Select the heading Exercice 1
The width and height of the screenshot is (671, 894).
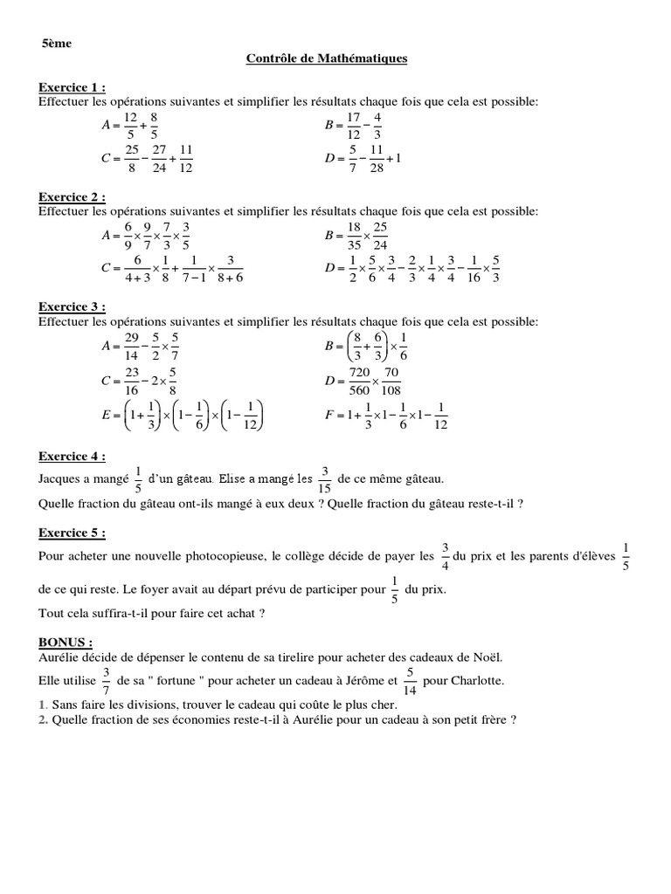click(73, 88)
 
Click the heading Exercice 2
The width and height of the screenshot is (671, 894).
click(73, 197)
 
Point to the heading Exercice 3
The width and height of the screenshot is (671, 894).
click(73, 306)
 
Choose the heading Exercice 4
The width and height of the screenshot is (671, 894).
click(73, 456)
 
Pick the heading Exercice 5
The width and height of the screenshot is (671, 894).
click(73, 533)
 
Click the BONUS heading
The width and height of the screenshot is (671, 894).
click(66, 642)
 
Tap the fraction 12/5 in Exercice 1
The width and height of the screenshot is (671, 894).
click(131, 126)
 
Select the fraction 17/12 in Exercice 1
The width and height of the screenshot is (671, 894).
click(354, 126)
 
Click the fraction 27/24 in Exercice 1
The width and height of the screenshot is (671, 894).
click(158, 159)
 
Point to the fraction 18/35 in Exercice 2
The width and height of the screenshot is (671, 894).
click(354, 235)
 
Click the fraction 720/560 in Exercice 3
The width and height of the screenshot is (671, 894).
click(359, 381)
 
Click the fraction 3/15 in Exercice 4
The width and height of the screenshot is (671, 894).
click(325, 479)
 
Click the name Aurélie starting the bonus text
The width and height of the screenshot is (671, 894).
click(59, 657)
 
